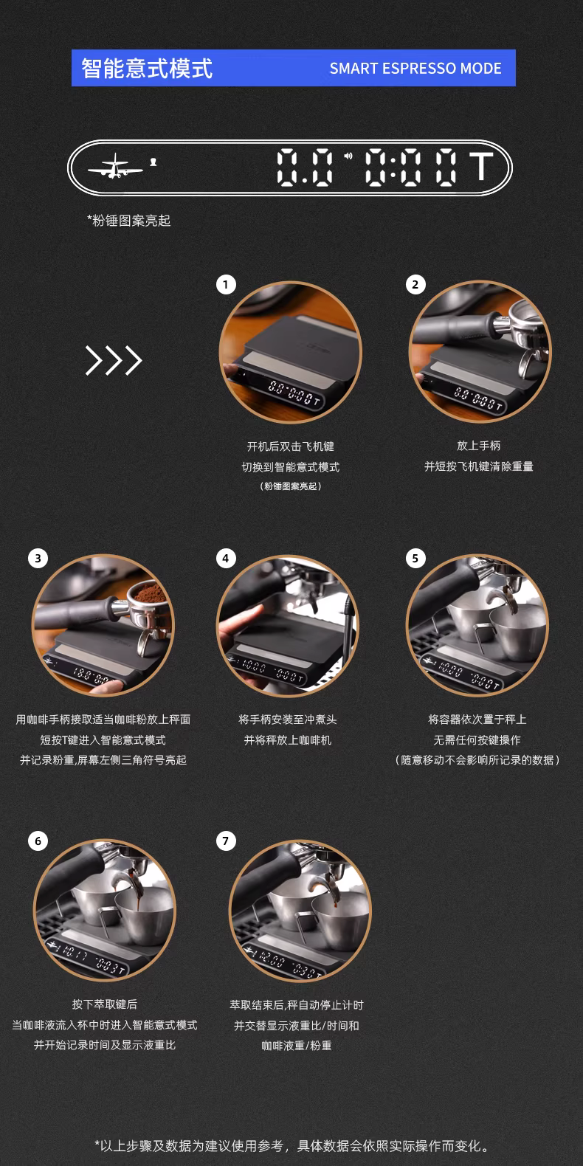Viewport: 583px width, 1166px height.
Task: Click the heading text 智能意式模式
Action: (x=147, y=68)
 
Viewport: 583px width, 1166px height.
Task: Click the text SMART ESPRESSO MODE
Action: (x=415, y=69)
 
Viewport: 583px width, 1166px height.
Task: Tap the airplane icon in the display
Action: (x=115, y=166)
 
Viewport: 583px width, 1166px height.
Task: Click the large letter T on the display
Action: (x=481, y=167)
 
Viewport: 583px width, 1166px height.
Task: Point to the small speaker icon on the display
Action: (x=348, y=156)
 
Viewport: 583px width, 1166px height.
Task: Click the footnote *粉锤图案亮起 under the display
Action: (x=128, y=221)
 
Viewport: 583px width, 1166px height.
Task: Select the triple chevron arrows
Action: (x=114, y=360)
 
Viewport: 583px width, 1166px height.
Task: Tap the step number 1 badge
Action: (x=226, y=285)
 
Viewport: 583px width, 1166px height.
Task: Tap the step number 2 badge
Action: (x=415, y=285)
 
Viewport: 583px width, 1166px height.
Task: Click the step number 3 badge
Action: (x=38, y=559)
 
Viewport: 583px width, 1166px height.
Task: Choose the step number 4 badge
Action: (x=226, y=559)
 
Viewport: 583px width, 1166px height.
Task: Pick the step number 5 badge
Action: (x=415, y=559)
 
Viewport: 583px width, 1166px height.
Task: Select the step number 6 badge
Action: (x=38, y=841)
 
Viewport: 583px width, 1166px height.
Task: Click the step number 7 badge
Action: (x=226, y=841)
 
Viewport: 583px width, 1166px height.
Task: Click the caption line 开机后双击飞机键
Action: (x=291, y=446)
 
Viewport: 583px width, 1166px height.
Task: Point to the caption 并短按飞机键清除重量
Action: (x=479, y=466)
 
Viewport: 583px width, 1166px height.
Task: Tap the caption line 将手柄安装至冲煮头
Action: (x=288, y=720)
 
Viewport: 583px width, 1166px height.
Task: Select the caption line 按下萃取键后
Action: (x=105, y=1004)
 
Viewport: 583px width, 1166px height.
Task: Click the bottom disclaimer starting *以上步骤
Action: (x=292, y=1145)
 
